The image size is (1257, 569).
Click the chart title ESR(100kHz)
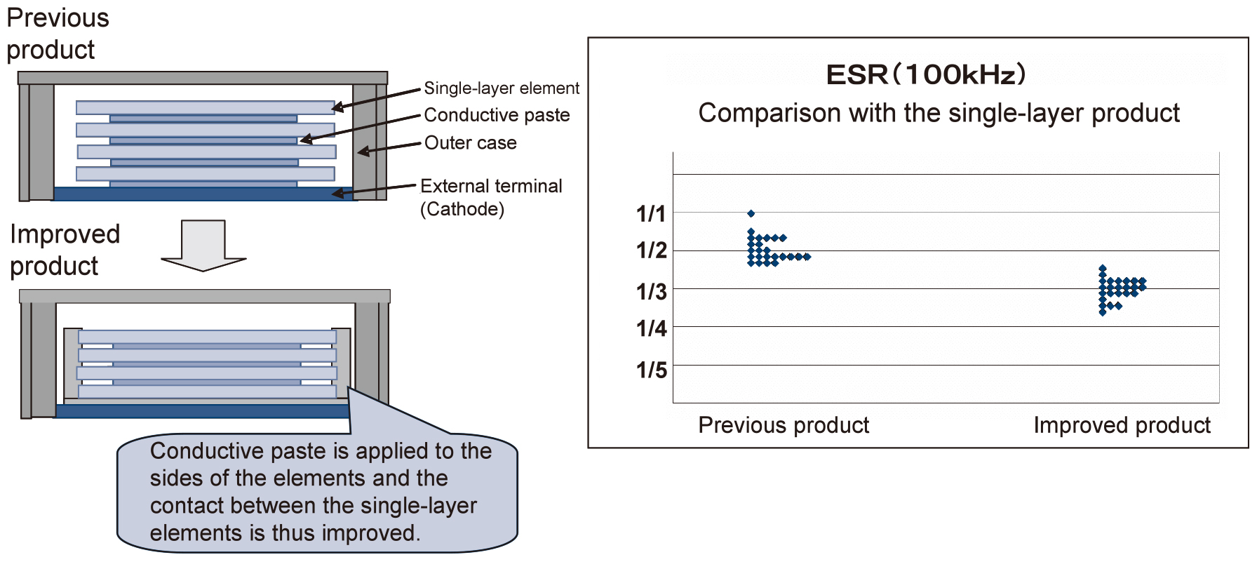(x=926, y=74)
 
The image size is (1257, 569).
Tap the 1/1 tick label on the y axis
(x=650, y=214)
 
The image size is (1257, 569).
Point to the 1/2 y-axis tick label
(x=651, y=250)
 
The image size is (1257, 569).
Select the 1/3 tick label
(x=651, y=291)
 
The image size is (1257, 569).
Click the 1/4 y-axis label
(x=651, y=328)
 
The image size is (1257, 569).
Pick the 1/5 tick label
(x=651, y=370)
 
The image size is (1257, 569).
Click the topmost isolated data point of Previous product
(x=751, y=213)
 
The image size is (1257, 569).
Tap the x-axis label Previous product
(x=784, y=425)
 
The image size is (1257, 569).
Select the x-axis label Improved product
(x=1122, y=425)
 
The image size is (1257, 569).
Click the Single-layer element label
(x=502, y=88)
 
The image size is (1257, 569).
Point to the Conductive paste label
(x=497, y=115)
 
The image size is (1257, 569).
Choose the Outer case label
(x=470, y=143)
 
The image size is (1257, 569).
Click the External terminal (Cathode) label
(x=491, y=198)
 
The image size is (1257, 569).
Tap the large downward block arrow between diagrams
(x=203, y=246)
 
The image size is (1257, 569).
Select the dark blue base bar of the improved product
(x=203, y=411)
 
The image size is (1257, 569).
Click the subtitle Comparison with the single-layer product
(x=939, y=113)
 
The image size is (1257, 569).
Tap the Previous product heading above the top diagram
(x=58, y=34)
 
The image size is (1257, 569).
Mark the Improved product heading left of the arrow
(x=65, y=250)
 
